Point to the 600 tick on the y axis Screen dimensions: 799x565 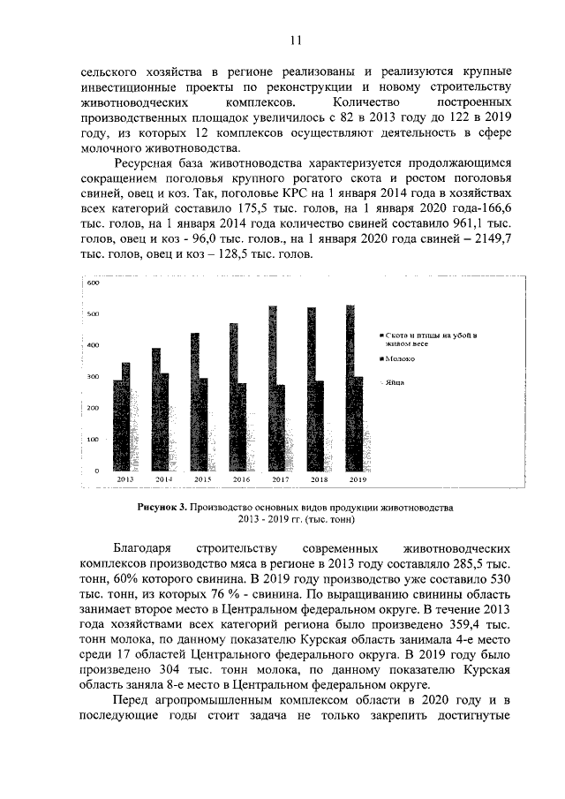coord(93,283)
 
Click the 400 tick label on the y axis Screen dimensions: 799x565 coord(93,345)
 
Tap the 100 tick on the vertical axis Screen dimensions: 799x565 coord(93,439)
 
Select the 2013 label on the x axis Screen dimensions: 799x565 coord(125,479)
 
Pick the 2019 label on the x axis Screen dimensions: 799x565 coord(358,479)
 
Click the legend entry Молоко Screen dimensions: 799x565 coord(402,358)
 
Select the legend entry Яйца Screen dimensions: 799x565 coord(396,382)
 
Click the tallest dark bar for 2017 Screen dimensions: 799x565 coord(273,388)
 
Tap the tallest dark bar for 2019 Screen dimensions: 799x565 coord(350,388)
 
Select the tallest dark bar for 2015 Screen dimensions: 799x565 coord(195,402)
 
